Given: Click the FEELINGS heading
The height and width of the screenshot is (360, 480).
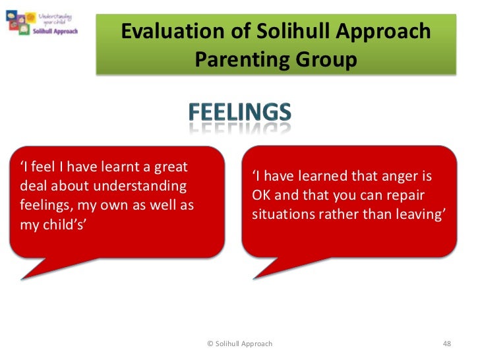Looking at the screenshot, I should [240, 113].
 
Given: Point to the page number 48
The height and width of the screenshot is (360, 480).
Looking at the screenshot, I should [447, 344].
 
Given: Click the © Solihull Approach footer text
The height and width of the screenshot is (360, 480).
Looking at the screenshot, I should [239, 344].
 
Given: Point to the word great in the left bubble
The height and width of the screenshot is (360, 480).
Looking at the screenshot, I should [170, 167].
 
